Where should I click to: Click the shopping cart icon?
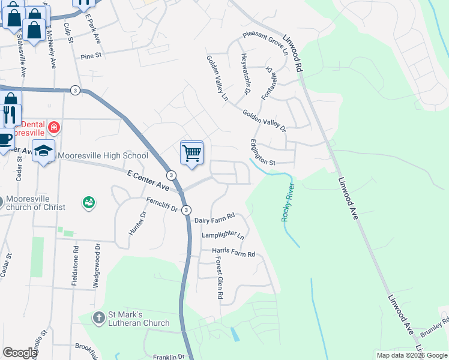tap(191, 153)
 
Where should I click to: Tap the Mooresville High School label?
tap(103, 156)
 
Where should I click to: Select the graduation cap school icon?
tap(43, 152)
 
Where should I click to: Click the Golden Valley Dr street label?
tap(264, 120)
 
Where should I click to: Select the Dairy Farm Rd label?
tap(214, 221)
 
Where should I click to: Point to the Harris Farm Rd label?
tap(233, 253)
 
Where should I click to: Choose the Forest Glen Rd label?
tap(218, 278)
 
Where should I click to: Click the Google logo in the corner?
tap(19, 353)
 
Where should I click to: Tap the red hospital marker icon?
tap(54, 127)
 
